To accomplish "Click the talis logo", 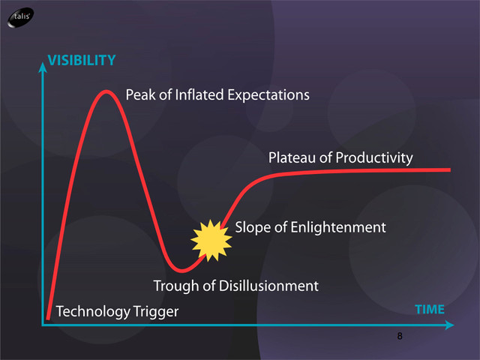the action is click(20, 18).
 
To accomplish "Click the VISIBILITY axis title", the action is click(82, 60).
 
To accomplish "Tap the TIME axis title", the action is click(430, 310).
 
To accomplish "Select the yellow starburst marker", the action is click(211, 241).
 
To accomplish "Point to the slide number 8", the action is click(400, 336).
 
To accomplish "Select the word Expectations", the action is click(268, 95).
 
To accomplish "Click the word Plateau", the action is click(292, 158).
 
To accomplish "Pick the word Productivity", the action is click(374, 158).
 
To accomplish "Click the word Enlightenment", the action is click(338, 228).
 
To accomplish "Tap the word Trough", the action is click(176, 286).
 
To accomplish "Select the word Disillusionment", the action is click(268, 286).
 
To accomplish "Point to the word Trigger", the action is click(157, 312).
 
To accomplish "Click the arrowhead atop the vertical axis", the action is click(43, 62).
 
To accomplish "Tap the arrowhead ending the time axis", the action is click(454, 325).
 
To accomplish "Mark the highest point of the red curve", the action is click(106, 91).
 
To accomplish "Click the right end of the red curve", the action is click(450, 169).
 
